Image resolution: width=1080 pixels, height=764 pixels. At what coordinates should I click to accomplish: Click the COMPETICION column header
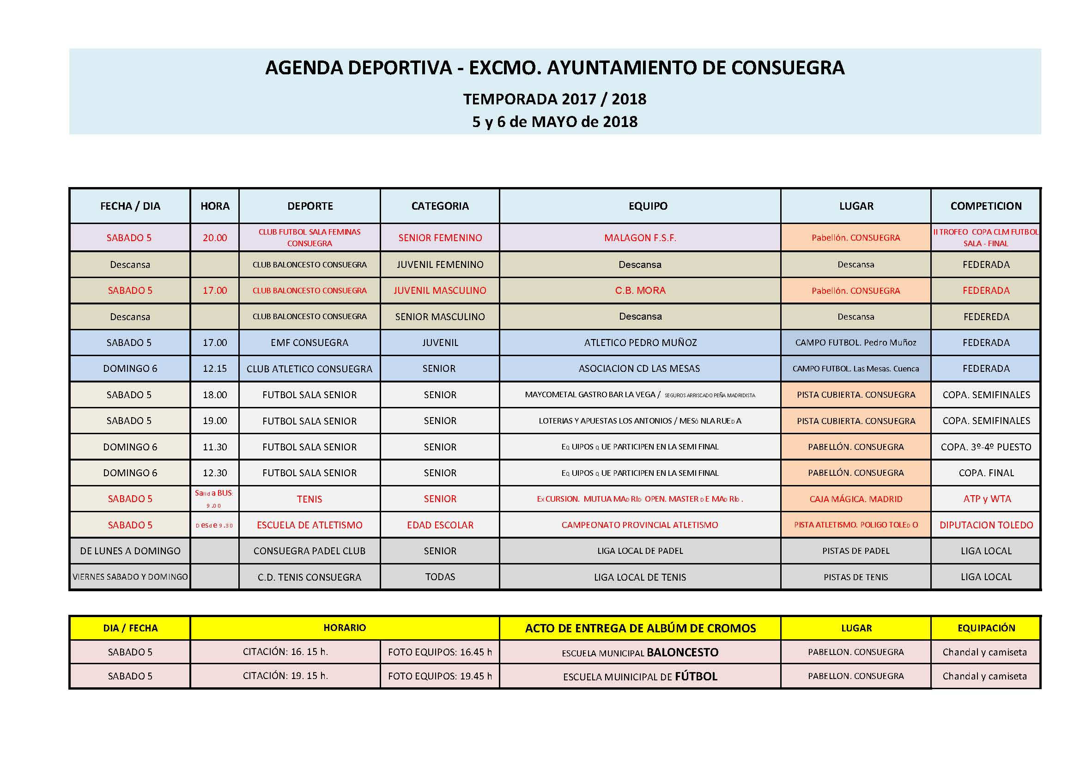click(x=985, y=206)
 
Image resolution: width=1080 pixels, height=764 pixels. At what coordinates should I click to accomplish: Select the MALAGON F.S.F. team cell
click(x=640, y=238)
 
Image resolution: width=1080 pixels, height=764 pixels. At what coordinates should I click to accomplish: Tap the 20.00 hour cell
click(x=214, y=238)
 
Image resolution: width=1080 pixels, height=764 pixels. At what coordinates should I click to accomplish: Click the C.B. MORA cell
click(x=640, y=291)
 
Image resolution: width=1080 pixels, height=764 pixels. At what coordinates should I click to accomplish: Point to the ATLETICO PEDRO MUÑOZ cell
click(x=640, y=343)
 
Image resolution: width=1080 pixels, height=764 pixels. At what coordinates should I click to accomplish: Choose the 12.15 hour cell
click(x=214, y=369)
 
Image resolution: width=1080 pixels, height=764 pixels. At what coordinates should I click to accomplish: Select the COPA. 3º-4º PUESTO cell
click(x=985, y=447)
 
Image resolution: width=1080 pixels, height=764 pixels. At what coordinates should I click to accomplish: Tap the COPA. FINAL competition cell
click(x=985, y=473)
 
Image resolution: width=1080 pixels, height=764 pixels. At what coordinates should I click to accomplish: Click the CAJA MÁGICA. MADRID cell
click(x=856, y=499)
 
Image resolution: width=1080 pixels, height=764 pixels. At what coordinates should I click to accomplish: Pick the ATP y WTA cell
click(x=986, y=499)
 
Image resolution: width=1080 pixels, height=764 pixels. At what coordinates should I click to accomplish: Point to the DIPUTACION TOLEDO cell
click(x=985, y=525)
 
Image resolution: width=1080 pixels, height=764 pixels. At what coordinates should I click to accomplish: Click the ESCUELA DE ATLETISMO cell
click(x=309, y=525)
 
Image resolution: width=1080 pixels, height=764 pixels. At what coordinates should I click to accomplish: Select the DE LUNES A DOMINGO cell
click(x=130, y=551)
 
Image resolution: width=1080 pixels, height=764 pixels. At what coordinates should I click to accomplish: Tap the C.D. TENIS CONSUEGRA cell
click(x=309, y=577)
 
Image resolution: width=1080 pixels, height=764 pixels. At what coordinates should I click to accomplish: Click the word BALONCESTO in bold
click(x=682, y=653)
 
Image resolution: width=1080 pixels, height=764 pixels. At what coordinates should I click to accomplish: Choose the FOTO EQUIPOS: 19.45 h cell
click(x=439, y=676)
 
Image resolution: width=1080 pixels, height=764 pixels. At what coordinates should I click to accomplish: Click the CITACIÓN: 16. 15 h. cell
click(x=285, y=652)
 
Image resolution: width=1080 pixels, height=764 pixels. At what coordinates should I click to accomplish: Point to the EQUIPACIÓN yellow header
click(x=985, y=628)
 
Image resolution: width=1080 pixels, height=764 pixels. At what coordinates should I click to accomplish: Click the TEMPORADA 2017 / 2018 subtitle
click(x=555, y=99)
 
